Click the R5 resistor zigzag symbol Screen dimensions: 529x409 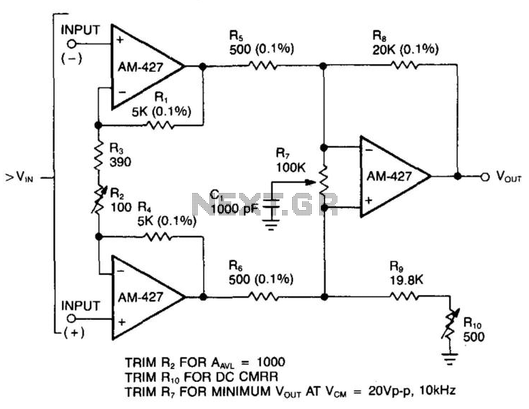pos(263,66)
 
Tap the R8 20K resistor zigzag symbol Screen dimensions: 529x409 pos(404,65)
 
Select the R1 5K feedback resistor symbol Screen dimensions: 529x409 pos(160,125)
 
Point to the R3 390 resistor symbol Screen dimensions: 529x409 pos(98,156)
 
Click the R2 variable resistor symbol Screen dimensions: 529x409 pos(98,200)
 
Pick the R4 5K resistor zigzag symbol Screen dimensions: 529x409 pos(158,237)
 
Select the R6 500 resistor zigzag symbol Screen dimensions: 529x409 pos(264,296)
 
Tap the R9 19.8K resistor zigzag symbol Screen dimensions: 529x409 pos(404,296)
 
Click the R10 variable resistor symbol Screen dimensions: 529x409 pos(450,325)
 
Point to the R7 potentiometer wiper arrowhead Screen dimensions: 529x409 pos(311,182)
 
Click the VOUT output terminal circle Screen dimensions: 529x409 pos(485,177)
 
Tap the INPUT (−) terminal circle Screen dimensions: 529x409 pos(71,44)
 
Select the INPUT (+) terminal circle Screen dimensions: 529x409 pos(71,319)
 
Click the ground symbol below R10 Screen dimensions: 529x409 pos(450,359)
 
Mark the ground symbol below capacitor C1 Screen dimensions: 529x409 pos(272,224)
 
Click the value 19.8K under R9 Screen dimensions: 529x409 pos(406,280)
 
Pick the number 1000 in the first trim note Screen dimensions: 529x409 pos(271,362)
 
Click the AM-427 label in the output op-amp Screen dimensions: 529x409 pos(389,176)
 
